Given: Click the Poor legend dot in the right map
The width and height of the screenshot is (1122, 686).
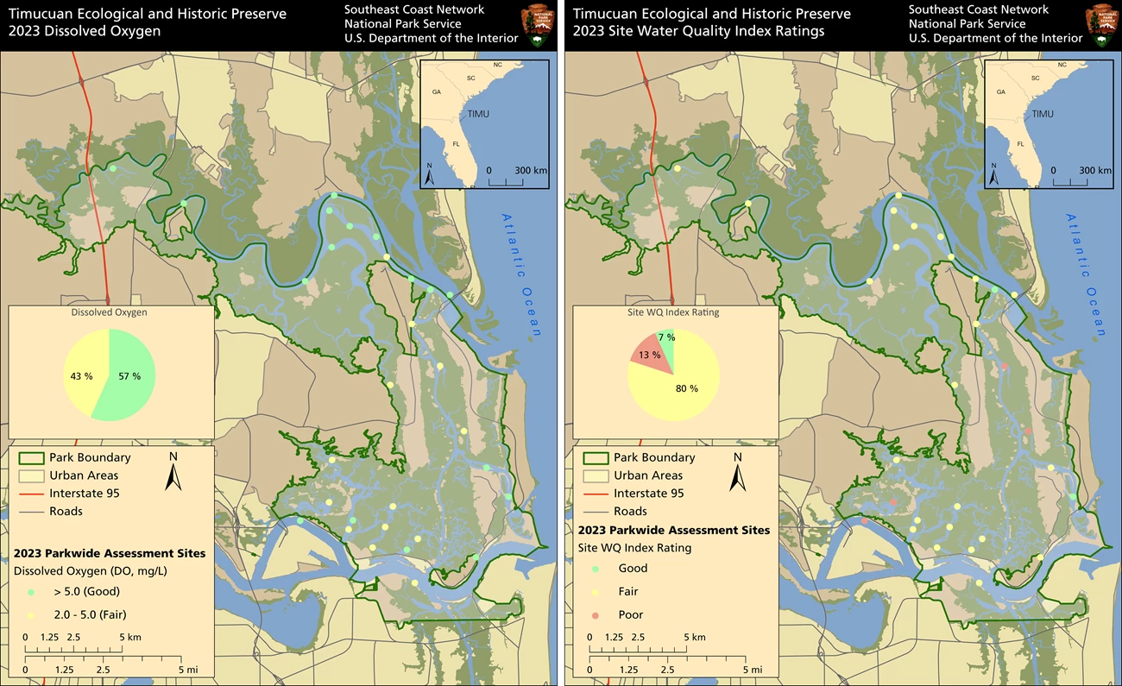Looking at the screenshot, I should click(x=596, y=615).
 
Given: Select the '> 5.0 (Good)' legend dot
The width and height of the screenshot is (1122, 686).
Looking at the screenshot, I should click(x=31, y=592).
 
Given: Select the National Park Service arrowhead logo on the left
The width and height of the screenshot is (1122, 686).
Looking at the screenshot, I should click(x=536, y=22).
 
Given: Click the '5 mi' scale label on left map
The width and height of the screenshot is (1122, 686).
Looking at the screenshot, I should click(x=186, y=669).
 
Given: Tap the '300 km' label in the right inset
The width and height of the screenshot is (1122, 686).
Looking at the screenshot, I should click(x=1094, y=171).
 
